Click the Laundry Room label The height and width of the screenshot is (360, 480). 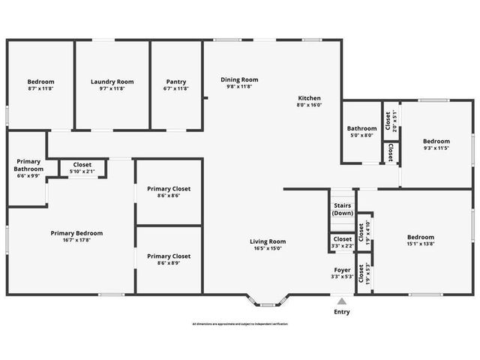pyautogui.click(x=112, y=82)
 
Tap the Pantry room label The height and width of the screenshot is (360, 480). pyautogui.click(x=176, y=82)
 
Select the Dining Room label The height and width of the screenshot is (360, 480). pyautogui.click(x=239, y=79)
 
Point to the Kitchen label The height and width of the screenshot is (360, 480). pyautogui.click(x=309, y=98)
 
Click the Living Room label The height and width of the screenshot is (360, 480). pyautogui.click(x=268, y=241)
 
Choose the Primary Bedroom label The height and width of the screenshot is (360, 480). pyautogui.click(x=76, y=233)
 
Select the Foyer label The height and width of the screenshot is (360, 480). pyautogui.click(x=342, y=269)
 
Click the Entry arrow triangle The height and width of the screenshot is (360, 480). pyautogui.click(x=342, y=301)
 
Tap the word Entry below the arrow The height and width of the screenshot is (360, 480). pyautogui.click(x=342, y=311)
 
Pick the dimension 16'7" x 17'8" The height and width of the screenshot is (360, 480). pyautogui.click(x=76, y=241)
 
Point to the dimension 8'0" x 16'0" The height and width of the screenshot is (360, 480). pyautogui.click(x=309, y=106)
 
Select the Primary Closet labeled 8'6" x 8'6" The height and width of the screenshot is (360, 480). pyautogui.click(x=169, y=192)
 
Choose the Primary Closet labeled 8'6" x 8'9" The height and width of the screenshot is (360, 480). pyautogui.click(x=169, y=259)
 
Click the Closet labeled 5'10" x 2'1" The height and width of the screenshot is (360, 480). pyautogui.click(x=82, y=168)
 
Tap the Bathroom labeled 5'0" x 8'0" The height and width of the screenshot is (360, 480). pyautogui.click(x=361, y=131)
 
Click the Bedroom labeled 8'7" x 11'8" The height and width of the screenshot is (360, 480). pyautogui.click(x=40, y=85)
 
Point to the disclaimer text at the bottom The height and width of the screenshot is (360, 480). pyautogui.click(x=240, y=324)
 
